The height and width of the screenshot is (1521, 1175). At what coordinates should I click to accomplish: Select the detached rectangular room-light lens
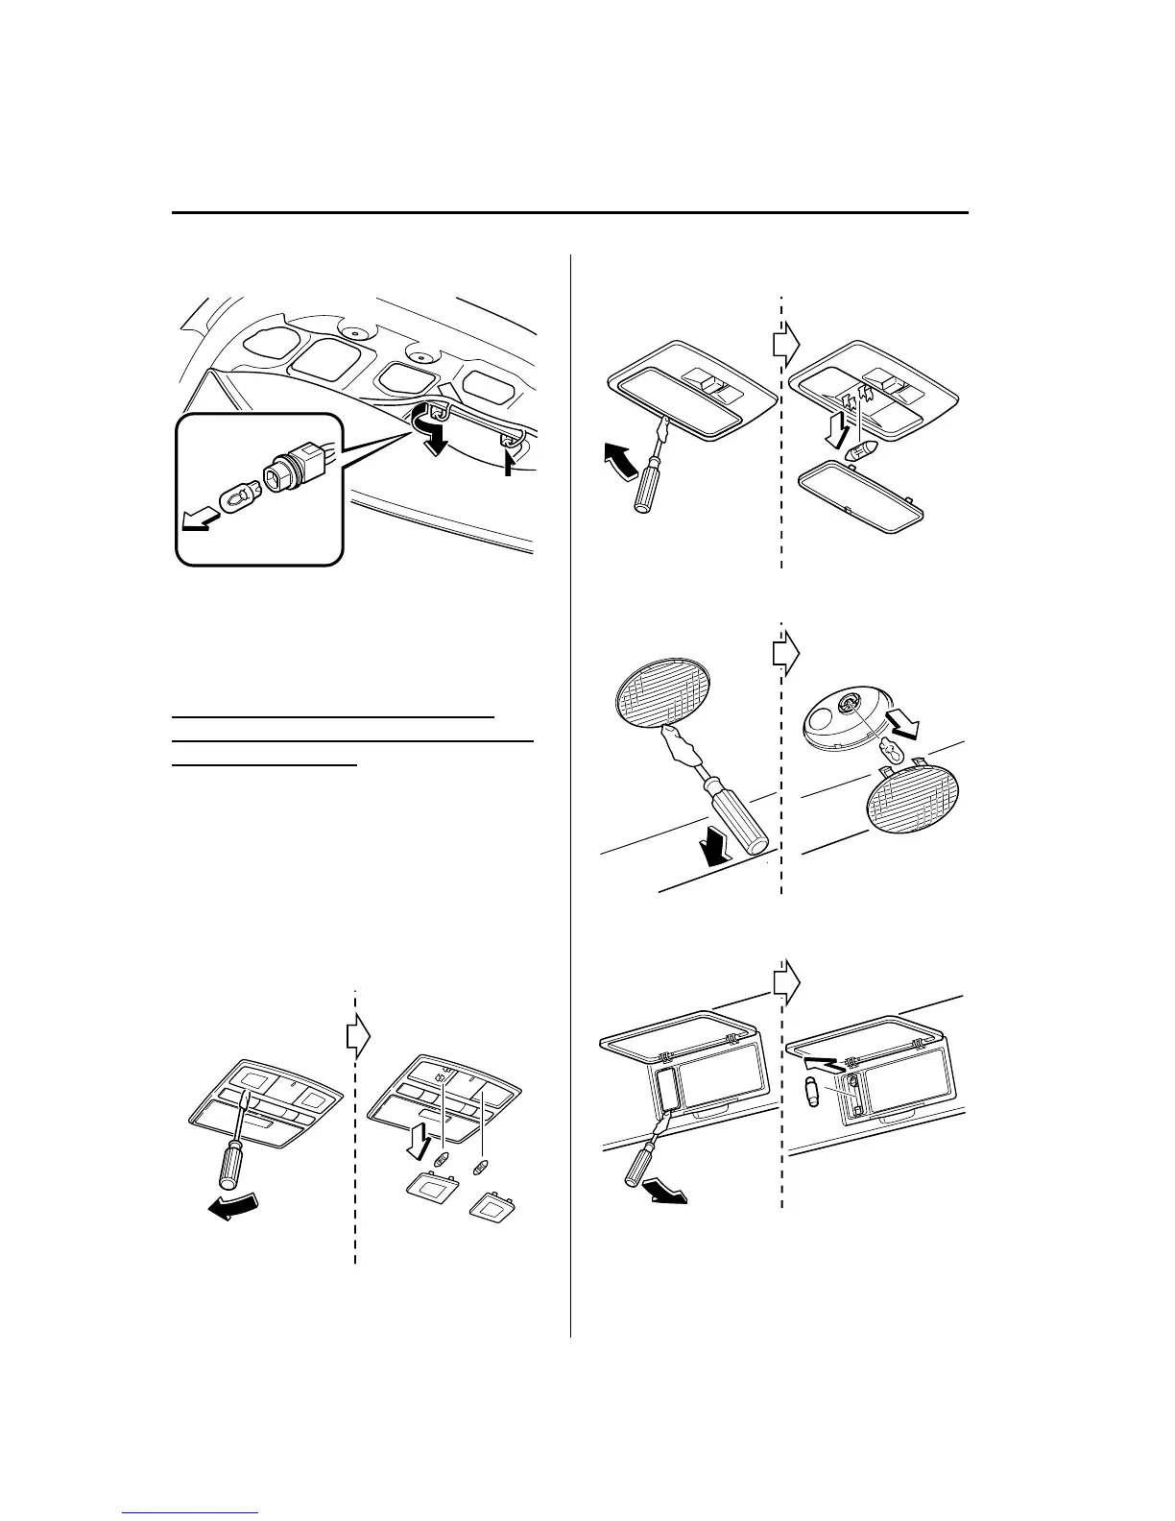861,493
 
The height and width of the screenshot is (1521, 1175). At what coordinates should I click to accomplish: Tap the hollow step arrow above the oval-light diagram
786,652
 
